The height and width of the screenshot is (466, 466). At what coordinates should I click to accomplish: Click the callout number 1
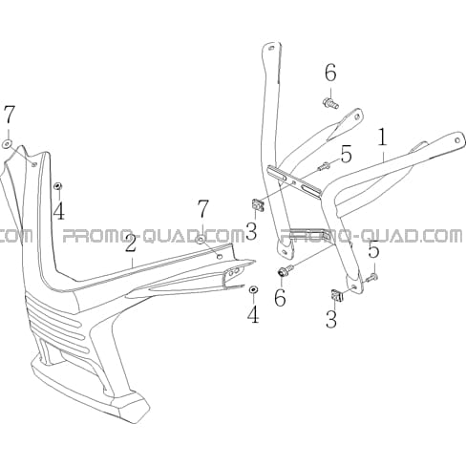[x=383, y=138]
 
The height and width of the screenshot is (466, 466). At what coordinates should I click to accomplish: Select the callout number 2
[x=131, y=244]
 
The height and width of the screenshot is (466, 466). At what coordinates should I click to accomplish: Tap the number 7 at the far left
[x=10, y=115]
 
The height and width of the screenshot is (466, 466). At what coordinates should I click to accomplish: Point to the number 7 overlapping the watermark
[x=203, y=208]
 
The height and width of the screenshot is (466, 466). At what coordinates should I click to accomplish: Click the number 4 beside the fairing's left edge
[x=59, y=210]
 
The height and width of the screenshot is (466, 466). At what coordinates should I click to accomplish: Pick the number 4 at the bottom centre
[x=253, y=314]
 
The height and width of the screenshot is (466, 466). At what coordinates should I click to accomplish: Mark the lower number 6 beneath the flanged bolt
[x=280, y=298]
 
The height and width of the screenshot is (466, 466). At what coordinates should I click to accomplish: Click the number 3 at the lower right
[x=331, y=319]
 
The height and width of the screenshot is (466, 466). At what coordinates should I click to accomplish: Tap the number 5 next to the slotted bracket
[x=346, y=154]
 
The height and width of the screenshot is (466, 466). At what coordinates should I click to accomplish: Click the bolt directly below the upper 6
[x=330, y=104]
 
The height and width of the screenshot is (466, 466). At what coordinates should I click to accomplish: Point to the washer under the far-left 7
[x=7, y=144]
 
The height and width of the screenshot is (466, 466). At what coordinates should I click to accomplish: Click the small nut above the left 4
[x=58, y=186]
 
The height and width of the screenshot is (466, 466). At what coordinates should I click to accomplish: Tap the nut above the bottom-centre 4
[x=253, y=289]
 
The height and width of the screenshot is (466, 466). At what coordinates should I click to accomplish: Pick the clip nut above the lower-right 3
[x=338, y=296]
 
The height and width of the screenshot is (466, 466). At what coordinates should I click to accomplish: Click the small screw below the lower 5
[x=371, y=278]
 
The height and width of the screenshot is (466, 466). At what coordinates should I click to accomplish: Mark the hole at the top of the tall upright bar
[x=271, y=49]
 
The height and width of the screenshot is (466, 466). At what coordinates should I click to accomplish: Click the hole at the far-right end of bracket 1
[x=457, y=140]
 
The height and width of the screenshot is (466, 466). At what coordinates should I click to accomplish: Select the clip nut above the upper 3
[x=258, y=204]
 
